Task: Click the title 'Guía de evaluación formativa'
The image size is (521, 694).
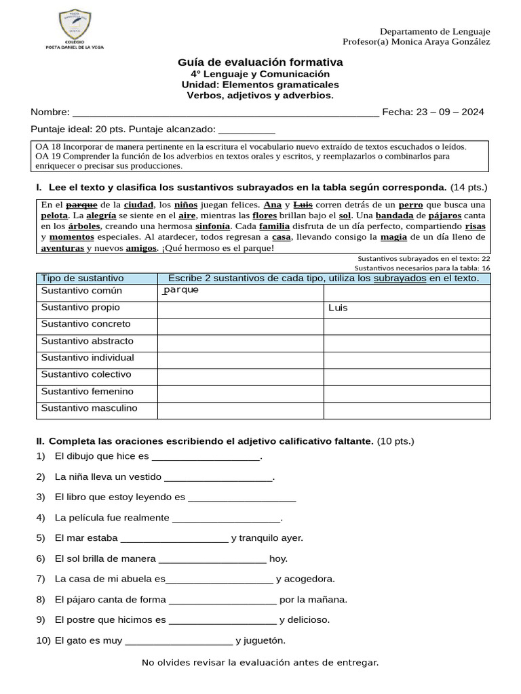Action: click(260, 62)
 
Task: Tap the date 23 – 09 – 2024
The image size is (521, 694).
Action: click(445, 113)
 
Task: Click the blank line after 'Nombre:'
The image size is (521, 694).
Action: click(225, 113)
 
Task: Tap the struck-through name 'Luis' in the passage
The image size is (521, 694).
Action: click(303, 205)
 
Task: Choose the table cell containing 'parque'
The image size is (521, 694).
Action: click(240, 291)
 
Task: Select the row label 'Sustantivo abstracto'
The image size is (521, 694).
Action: click(88, 342)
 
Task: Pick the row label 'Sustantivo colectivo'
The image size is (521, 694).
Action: click(87, 375)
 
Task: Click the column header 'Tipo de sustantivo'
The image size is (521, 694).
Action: click(83, 279)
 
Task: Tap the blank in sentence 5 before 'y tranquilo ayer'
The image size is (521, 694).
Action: click(174, 538)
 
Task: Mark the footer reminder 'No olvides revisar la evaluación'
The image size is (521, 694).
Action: click(260, 662)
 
